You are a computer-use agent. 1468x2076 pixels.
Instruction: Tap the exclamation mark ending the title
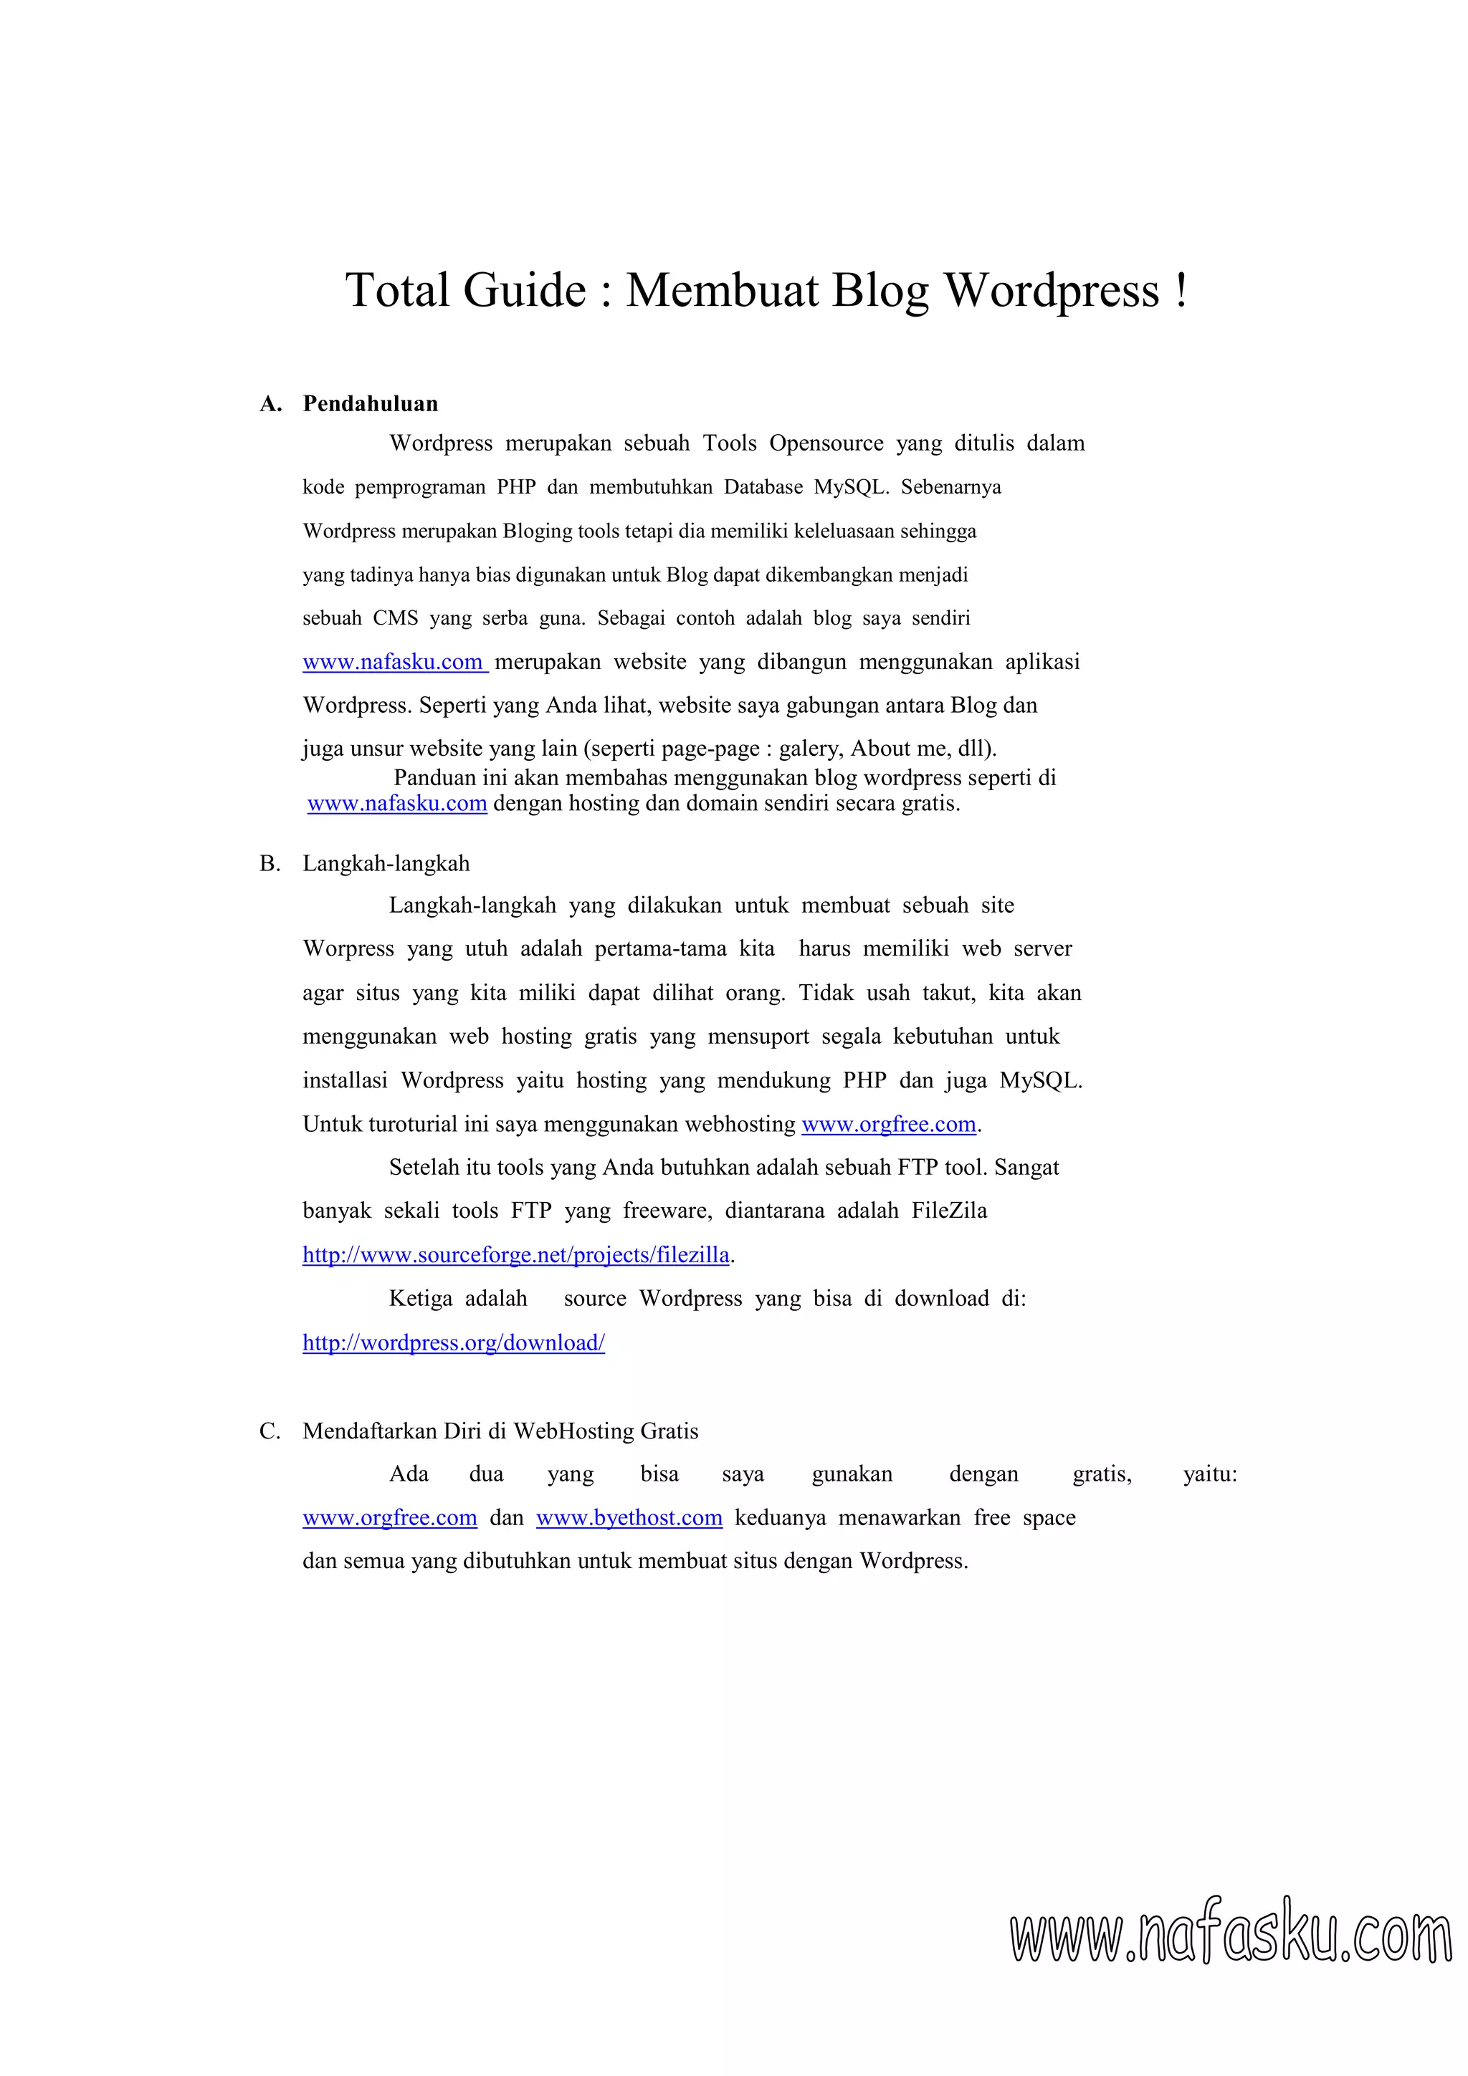(x=1181, y=290)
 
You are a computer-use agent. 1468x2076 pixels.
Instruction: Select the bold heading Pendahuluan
(x=370, y=404)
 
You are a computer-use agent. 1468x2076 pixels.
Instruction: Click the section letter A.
(x=270, y=404)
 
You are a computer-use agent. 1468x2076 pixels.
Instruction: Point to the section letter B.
(x=269, y=863)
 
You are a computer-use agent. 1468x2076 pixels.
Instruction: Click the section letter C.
(x=270, y=1431)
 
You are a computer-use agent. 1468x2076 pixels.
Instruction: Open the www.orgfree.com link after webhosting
(x=888, y=1124)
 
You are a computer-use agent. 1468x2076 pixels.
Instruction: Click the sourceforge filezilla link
(x=515, y=1255)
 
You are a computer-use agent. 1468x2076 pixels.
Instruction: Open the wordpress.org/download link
(x=453, y=1342)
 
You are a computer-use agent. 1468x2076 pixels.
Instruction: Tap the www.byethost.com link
(x=629, y=1518)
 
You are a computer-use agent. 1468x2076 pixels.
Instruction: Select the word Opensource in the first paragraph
(x=826, y=443)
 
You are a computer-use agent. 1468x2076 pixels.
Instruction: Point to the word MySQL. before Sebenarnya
(x=851, y=487)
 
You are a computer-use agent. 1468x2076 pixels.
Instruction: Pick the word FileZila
(x=949, y=1211)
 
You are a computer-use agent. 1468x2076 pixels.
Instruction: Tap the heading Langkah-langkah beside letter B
(x=386, y=863)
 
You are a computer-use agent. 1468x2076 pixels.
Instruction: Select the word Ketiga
(x=420, y=1299)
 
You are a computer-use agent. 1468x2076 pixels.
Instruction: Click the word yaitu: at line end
(x=1209, y=1475)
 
